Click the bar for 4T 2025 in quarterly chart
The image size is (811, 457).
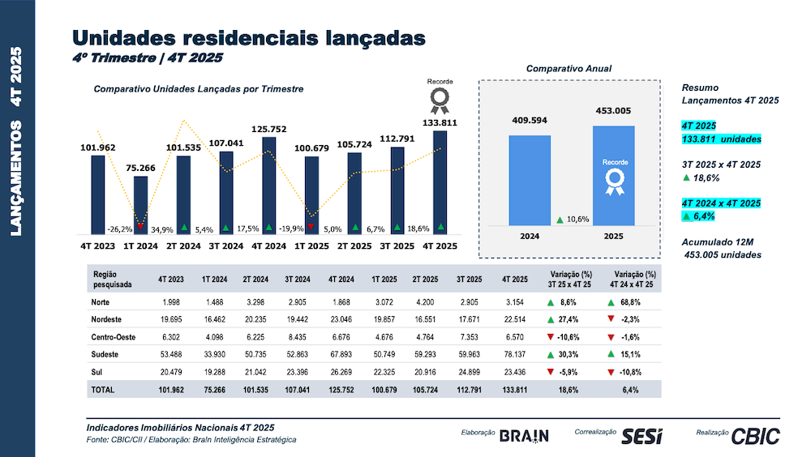pos(440,182)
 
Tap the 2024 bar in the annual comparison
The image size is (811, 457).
pos(530,180)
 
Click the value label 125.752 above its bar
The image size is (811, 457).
pos(269,128)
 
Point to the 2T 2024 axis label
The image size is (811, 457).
pos(183,246)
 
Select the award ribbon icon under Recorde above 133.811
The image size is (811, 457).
pos(440,100)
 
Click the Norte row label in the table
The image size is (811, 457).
pos(103,302)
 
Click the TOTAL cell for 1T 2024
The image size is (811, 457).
pos(214,390)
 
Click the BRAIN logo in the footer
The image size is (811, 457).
pos(524,436)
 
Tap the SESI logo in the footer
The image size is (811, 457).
pos(642,436)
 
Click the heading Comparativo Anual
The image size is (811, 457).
pos(569,69)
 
